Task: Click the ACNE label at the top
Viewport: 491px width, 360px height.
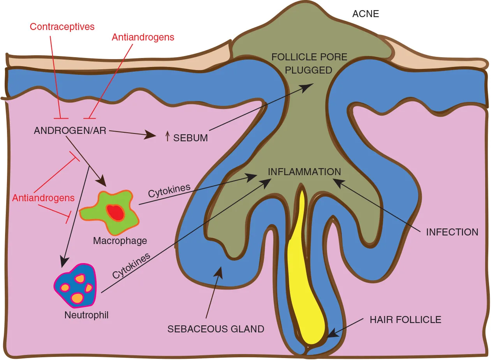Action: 365,14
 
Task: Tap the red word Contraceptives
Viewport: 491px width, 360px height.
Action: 62,26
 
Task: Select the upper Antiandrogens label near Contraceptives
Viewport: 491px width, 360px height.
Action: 143,37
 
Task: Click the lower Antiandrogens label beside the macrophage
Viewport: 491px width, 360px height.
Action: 43,198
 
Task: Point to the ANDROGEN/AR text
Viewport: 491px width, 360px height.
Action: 70,130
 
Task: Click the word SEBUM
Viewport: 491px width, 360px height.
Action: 190,138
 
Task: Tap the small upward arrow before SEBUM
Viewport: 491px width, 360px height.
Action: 167,136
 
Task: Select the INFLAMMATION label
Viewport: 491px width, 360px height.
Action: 304,172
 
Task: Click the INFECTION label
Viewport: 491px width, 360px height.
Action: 452,232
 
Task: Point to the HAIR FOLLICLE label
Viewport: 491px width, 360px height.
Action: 405,320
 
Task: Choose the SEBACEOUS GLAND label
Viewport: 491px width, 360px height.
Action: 216,329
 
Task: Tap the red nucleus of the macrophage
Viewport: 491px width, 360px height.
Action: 116,213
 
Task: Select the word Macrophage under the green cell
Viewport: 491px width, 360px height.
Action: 120,241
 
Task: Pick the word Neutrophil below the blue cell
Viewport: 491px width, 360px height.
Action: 86,315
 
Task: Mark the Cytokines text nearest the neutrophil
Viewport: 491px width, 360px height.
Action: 131,266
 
